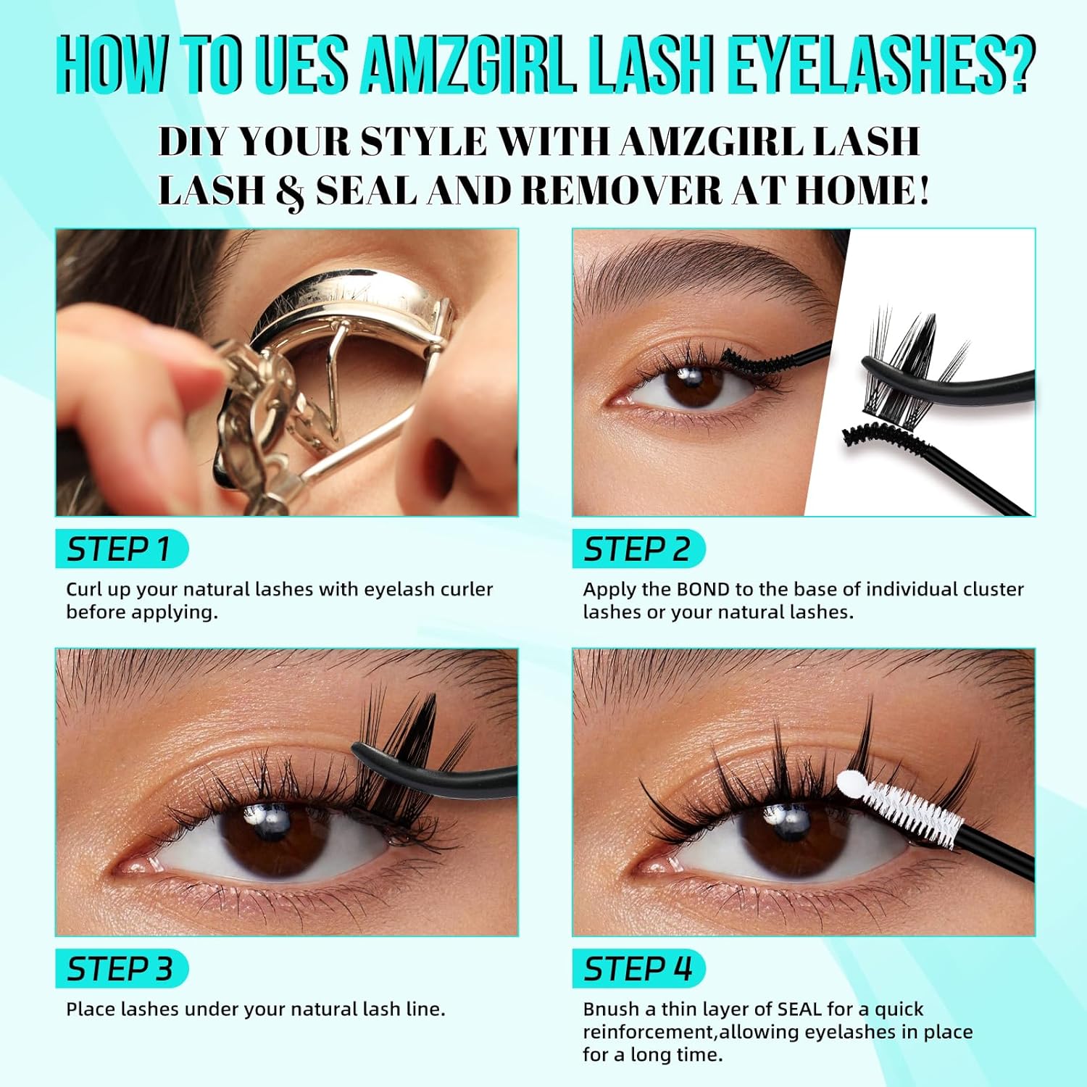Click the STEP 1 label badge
tap(122, 549)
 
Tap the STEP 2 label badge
tap(638, 549)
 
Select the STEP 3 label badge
tap(122, 969)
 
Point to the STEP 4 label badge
tap(638, 969)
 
